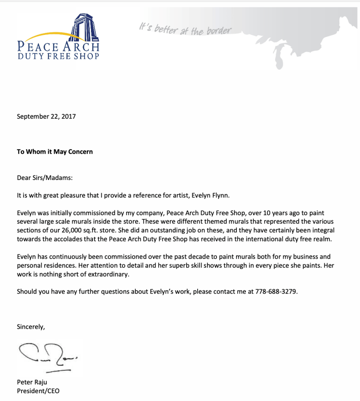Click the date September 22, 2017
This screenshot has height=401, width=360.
pos(46,116)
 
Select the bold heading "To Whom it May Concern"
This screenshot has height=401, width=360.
pos(55,151)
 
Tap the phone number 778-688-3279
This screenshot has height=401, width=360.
pos(273,292)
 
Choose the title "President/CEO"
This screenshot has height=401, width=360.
pos(38,391)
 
